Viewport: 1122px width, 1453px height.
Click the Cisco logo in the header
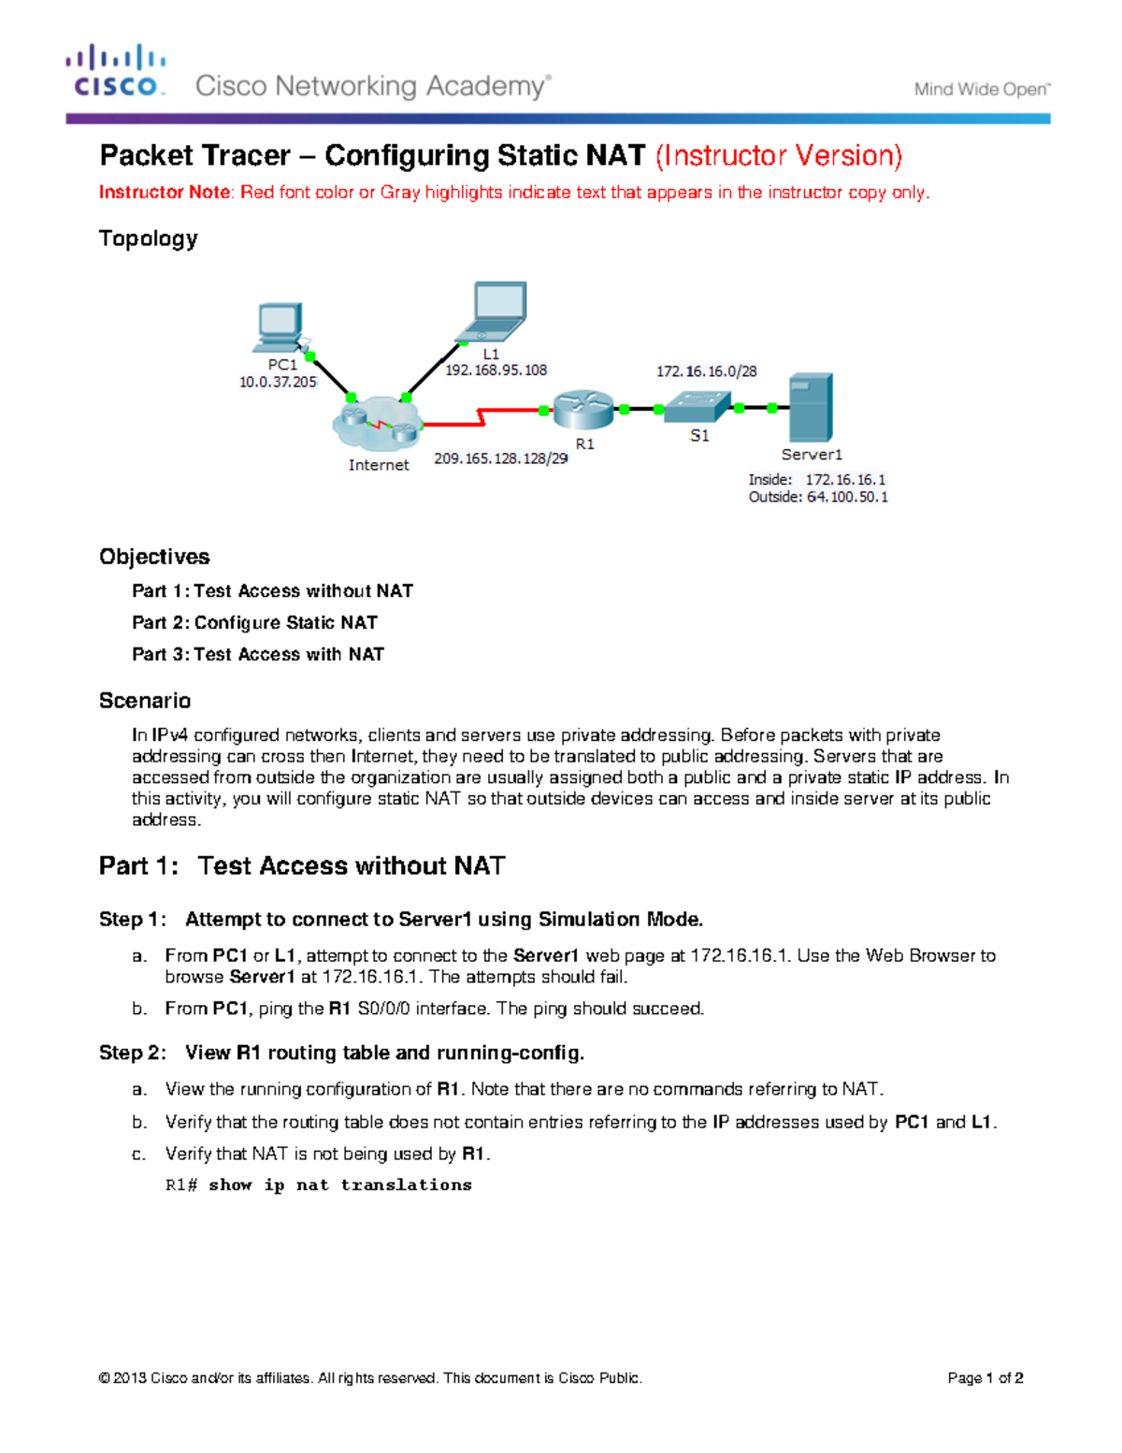tap(116, 71)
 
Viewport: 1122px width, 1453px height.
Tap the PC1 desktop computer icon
tap(280, 327)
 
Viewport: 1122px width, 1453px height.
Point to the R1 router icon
tap(583, 410)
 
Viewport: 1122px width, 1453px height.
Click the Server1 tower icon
tap(810, 408)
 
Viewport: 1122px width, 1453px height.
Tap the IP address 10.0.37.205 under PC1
tap(278, 382)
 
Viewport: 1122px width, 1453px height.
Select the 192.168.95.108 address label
tap(496, 371)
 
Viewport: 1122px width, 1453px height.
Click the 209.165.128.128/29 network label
tap(500, 458)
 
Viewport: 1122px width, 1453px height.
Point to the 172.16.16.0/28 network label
tap(706, 371)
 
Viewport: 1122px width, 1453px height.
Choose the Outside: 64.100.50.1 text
tap(818, 497)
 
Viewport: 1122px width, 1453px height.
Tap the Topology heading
tap(149, 239)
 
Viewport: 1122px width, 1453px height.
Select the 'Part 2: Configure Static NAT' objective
tap(254, 623)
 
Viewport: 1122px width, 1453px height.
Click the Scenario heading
tap(145, 701)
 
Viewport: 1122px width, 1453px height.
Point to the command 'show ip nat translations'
tap(339, 1185)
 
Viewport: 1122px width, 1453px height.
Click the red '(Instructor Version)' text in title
tap(778, 155)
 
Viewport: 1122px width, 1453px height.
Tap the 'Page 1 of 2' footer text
tap(985, 1378)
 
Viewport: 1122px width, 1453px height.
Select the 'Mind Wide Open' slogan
tap(982, 90)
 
